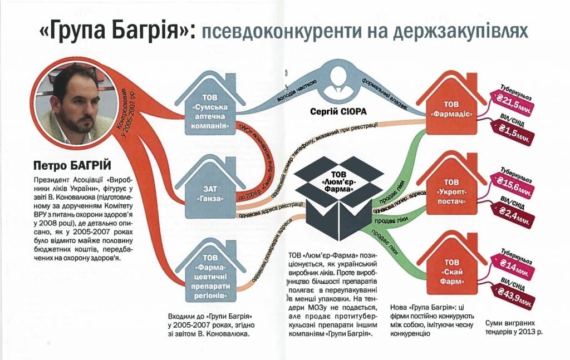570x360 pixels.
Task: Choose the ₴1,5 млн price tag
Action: click(513, 132)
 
